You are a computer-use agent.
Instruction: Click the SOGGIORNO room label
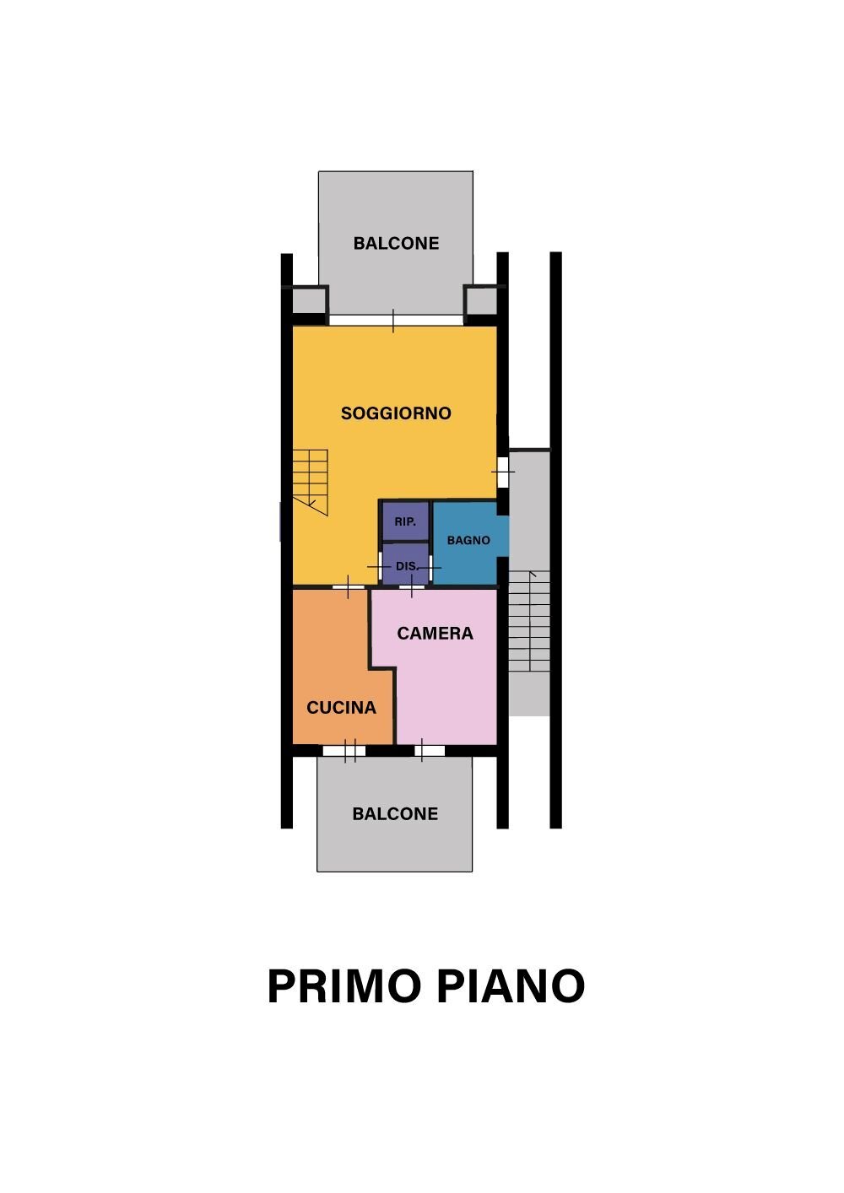pos(396,413)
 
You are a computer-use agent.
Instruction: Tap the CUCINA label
pos(341,708)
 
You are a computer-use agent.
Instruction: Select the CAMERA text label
pos(435,634)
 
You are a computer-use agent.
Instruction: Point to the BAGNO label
pos(468,540)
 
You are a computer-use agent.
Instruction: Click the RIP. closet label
pos(405,522)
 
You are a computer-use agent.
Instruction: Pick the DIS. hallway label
pos(406,566)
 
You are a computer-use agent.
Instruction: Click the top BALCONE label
pos(396,244)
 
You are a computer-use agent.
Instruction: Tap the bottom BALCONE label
pos(395,814)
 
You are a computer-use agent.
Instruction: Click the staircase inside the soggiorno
pos(311,481)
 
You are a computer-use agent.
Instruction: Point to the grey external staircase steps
pos(529,621)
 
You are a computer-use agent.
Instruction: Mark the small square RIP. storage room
pos(405,521)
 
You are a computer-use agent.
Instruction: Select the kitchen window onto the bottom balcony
pos(344,750)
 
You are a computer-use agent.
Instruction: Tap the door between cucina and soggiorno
pos(348,586)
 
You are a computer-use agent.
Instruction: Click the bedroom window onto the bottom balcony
pos(429,750)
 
